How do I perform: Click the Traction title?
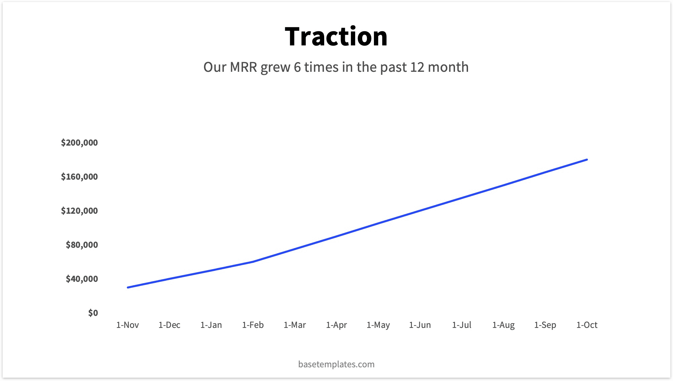tap(336, 36)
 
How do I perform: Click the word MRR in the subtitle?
tap(243, 67)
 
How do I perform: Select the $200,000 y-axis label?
tap(79, 143)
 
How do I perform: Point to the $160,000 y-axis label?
tap(79, 177)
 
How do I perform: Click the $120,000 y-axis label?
tap(79, 211)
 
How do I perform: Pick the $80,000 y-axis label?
tap(82, 245)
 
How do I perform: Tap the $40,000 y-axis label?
tap(82, 279)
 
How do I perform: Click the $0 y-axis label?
tap(93, 313)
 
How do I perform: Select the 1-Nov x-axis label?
tap(128, 325)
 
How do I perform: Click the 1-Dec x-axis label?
tap(169, 325)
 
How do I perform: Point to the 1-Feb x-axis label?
tap(253, 325)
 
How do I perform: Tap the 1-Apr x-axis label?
tap(336, 325)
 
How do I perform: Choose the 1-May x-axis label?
tap(378, 325)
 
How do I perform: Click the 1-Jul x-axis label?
tap(462, 325)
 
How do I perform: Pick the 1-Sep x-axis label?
tap(545, 325)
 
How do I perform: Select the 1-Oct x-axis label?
tap(587, 325)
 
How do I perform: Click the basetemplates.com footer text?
tap(336, 364)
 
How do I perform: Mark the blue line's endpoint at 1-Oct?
tap(587, 160)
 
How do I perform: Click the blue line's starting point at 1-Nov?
tap(128, 287)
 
